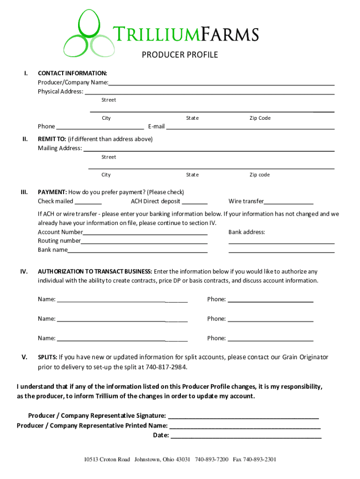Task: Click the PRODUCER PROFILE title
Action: point(180,55)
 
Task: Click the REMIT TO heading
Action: point(52,139)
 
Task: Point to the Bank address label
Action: point(246,232)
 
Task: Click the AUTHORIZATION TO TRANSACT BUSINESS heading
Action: point(95,271)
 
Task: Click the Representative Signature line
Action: point(243,416)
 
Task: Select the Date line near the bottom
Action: point(246,436)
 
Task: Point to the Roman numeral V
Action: point(24,357)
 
